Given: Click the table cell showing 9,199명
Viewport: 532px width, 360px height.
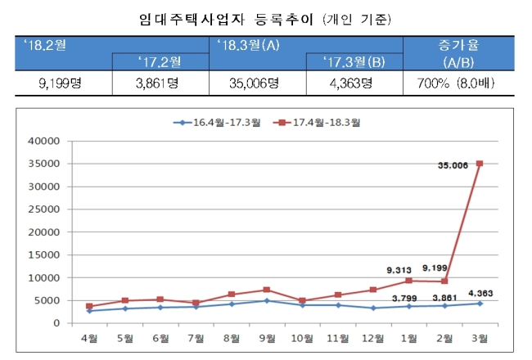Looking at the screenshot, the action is (x=61, y=83).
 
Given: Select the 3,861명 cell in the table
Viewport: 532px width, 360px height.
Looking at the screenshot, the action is (x=157, y=83).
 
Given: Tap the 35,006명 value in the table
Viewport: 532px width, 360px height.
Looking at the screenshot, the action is (x=254, y=83).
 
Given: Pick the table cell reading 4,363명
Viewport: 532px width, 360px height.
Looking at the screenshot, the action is (x=351, y=83).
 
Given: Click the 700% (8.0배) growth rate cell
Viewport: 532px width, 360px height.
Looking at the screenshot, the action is (x=456, y=83).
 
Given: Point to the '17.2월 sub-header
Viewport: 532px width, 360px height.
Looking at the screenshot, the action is (x=160, y=62).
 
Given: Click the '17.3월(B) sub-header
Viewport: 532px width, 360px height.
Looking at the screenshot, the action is (x=354, y=62).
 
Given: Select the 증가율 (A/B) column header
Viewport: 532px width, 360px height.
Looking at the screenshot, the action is (x=458, y=53).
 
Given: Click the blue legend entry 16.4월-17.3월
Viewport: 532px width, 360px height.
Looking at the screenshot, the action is (x=217, y=123).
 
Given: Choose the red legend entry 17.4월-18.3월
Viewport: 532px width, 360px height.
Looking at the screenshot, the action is (x=317, y=123).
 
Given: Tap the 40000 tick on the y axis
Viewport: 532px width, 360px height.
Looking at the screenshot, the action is (x=43, y=141).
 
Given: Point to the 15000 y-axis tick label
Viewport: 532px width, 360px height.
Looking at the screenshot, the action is (x=43, y=254).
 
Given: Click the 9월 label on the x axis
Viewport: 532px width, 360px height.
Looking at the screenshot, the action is (x=267, y=338).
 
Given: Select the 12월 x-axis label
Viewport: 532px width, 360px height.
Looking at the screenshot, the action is (x=373, y=338).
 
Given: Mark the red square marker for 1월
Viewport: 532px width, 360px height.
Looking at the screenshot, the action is (x=409, y=281).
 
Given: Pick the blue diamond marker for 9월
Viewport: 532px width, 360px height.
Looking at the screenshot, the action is (x=267, y=300).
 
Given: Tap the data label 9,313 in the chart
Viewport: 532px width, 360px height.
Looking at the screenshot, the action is (x=399, y=271).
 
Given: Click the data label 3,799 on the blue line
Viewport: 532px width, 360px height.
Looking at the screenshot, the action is (x=404, y=299).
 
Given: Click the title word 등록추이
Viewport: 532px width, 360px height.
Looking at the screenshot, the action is (x=284, y=20).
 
